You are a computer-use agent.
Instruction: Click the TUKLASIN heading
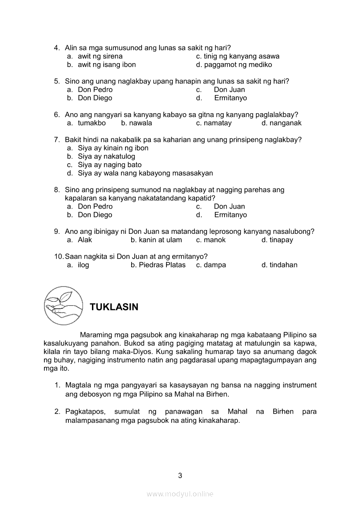pyautogui.click(x=114, y=307)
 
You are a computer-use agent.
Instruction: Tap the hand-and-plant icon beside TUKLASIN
pyautogui.click(x=64, y=305)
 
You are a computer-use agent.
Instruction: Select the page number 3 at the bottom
pyautogui.click(x=180, y=475)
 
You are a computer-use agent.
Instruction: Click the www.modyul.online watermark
pyautogui.click(x=180, y=494)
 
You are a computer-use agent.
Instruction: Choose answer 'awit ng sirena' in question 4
pyautogui.click(x=100, y=56)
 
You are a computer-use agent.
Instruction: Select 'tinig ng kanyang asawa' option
pyautogui.click(x=241, y=56)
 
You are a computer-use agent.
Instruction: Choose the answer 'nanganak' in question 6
pyautogui.click(x=285, y=123)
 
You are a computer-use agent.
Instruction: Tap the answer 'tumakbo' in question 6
pyautogui.click(x=92, y=123)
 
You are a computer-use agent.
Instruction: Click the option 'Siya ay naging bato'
pyautogui.click(x=109, y=165)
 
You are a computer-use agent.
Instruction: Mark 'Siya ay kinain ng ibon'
pyautogui.click(x=113, y=148)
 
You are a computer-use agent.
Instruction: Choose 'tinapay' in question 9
pyautogui.click(x=281, y=240)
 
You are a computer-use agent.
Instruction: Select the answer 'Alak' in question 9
pyautogui.click(x=85, y=240)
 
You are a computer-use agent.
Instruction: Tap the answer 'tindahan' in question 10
pyautogui.click(x=283, y=265)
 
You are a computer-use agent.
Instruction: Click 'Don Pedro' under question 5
pyautogui.click(x=95, y=90)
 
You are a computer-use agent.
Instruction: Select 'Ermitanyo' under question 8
pyautogui.click(x=230, y=215)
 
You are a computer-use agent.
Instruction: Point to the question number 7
pyautogui.click(x=57, y=140)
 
